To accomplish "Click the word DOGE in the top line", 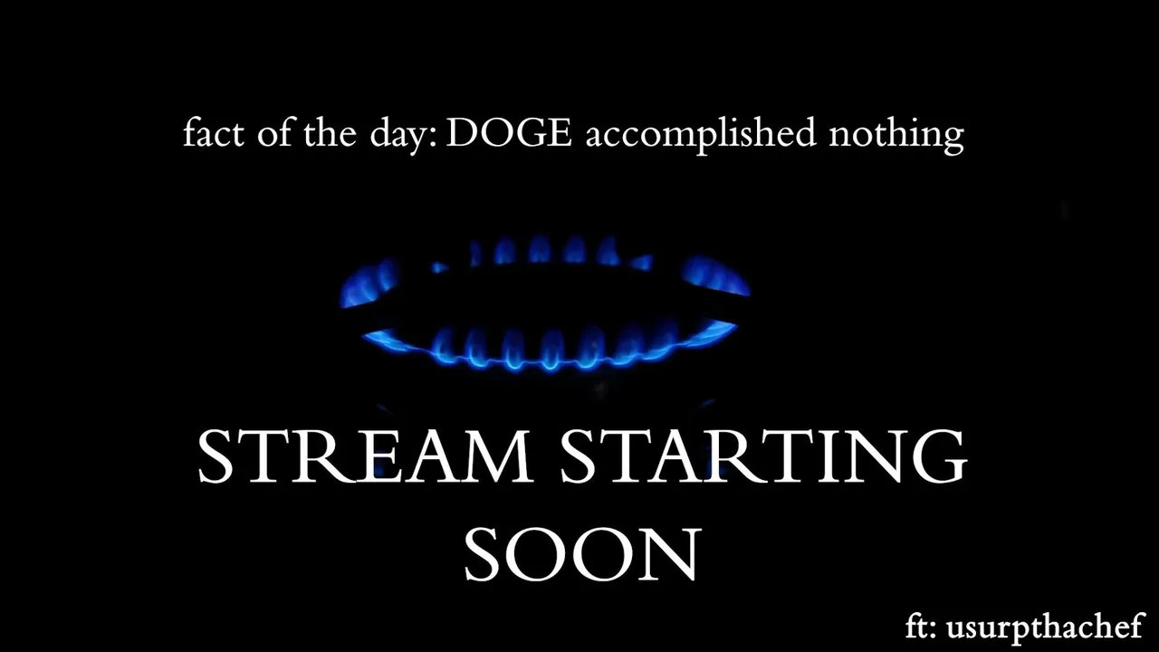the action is [x=509, y=132].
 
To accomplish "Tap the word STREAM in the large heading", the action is [x=365, y=457].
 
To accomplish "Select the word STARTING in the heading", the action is [x=763, y=457].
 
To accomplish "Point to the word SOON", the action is [x=582, y=555].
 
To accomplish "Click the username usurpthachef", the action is [x=1044, y=628].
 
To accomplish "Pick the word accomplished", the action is [x=701, y=135].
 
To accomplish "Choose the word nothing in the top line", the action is [x=896, y=135].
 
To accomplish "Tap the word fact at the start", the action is [x=213, y=132].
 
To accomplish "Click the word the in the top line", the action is [x=330, y=132].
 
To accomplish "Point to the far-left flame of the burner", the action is [x=368, y=283].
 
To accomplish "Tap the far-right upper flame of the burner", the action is [x=716, y=276].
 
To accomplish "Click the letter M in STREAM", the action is [x=498, y=457].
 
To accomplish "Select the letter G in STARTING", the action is [x=938, y=457].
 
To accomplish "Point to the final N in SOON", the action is [x=673, y=555].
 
